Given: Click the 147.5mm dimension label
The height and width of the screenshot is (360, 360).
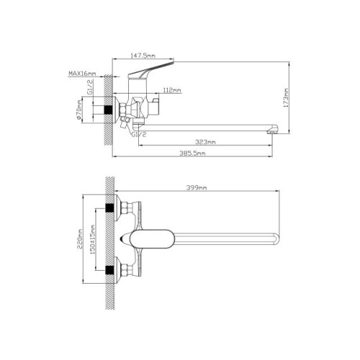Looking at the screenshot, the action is pos(143,55).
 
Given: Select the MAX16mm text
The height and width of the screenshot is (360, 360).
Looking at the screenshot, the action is pos(82,73).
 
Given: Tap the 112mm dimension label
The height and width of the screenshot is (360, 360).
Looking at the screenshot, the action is pos(172,90).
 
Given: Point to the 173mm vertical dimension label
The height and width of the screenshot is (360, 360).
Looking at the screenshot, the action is pos(286,98).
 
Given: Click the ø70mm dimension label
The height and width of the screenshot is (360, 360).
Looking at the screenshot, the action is pos(79,110).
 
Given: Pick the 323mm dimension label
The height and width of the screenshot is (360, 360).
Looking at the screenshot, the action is pos(205,142).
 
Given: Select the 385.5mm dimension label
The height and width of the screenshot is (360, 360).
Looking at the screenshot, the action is pos(192,153).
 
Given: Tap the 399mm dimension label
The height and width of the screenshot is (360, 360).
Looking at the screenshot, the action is pos(197,188).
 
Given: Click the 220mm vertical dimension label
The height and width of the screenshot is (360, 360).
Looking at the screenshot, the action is pos(80,239).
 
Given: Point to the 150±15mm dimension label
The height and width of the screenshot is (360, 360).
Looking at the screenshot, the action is pos(93,239).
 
